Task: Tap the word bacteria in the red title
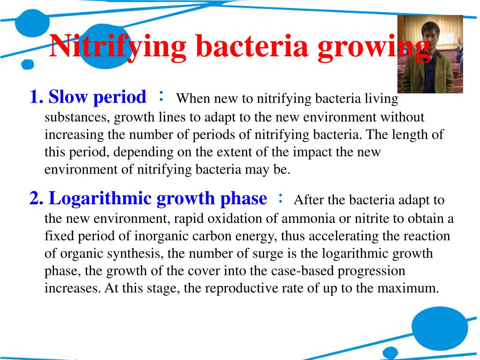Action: (251, 46)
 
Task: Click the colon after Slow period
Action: (161, 96)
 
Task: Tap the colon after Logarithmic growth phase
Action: (280, 198)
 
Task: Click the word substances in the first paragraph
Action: (77, 117)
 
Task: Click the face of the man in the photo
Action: (430, 33)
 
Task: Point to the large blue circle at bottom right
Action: (440, 328)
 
